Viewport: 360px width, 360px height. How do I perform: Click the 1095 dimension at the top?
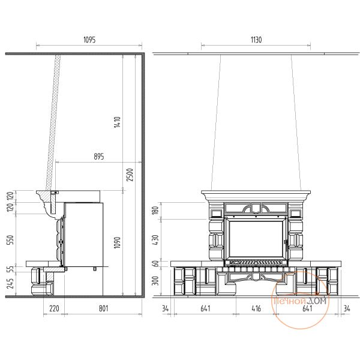[89, 40]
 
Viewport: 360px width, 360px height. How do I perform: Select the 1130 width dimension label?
[256, 40]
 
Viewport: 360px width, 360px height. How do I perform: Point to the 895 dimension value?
[99, 157]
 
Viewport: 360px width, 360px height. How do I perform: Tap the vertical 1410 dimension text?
[117, 122]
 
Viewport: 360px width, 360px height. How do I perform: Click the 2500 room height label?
[130, 175]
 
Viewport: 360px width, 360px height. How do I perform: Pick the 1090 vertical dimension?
[117, 242]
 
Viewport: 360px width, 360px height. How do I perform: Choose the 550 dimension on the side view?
[11, 239]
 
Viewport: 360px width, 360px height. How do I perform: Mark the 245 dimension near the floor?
[11, 283]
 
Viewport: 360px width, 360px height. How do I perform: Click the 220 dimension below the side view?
[54, 308]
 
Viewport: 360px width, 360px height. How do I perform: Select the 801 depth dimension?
[104, 308]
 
